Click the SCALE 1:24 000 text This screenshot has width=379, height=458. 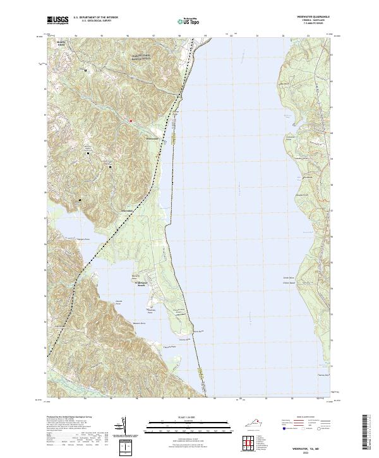point(189,417)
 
